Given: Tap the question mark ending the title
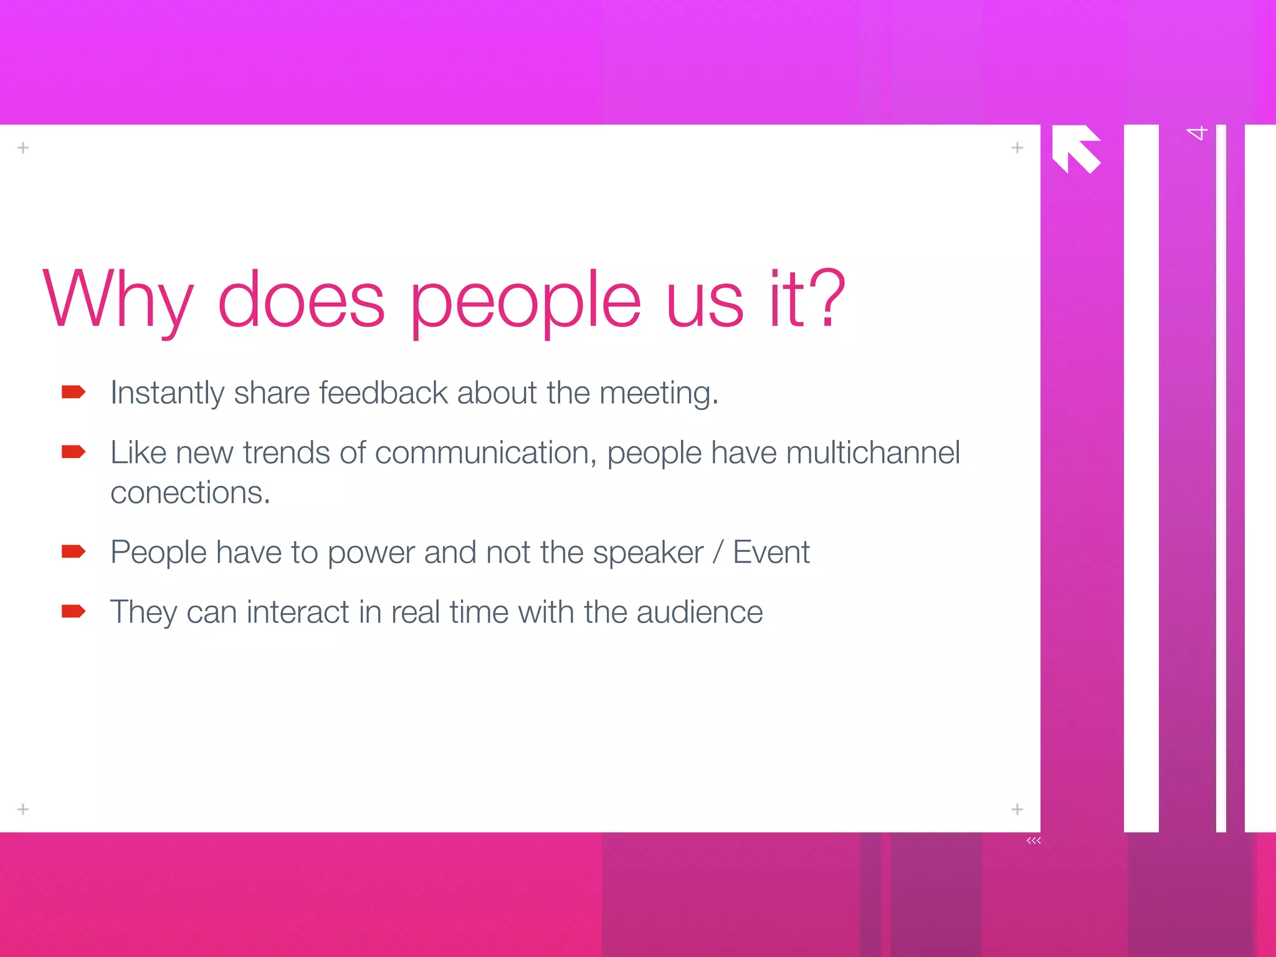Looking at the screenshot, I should point(824,298).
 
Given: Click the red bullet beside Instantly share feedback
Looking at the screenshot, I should point(74,392).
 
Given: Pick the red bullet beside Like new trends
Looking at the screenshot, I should point(74,452).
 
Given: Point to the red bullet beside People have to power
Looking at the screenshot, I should point(74,551).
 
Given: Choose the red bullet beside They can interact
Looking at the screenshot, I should point(74,611).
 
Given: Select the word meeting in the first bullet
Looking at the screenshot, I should point(657,394).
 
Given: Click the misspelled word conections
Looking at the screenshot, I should point(189,492).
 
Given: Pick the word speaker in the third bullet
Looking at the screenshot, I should point(648,553).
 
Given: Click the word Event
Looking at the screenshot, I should point(771,552).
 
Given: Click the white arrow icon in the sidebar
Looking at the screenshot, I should point(1076,148).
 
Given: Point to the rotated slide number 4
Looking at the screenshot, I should point(1196,133).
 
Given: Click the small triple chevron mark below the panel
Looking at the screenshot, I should point(1034,840).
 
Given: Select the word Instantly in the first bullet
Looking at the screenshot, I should point(167,393).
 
